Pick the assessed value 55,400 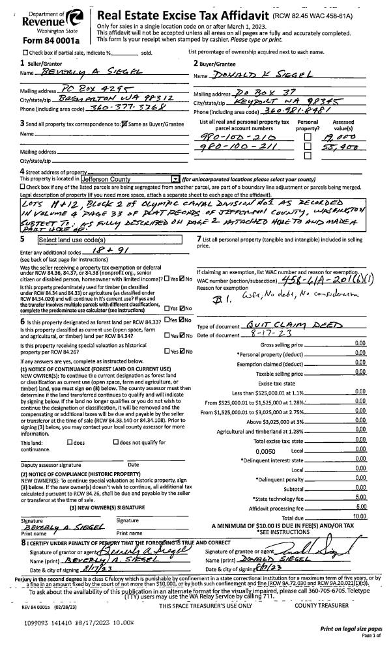click(x=337, y=148)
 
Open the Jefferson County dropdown click(x=173, y=178)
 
